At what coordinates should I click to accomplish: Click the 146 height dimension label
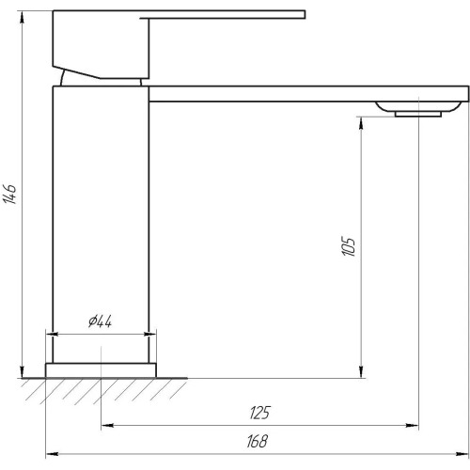tap(10, 194)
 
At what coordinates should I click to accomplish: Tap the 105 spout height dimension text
tap(349, 246)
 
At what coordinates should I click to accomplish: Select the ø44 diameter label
tap(100, 321)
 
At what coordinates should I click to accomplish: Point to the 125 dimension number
tap(259, 413)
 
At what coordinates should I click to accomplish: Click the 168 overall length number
tap(257, 441)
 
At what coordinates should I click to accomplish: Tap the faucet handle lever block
tap(101, 44)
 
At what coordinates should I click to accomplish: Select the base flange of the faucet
tap(101, 370)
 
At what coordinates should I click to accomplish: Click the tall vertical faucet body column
tap(101, 225)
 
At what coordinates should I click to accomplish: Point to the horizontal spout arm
tap(309, 94)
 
